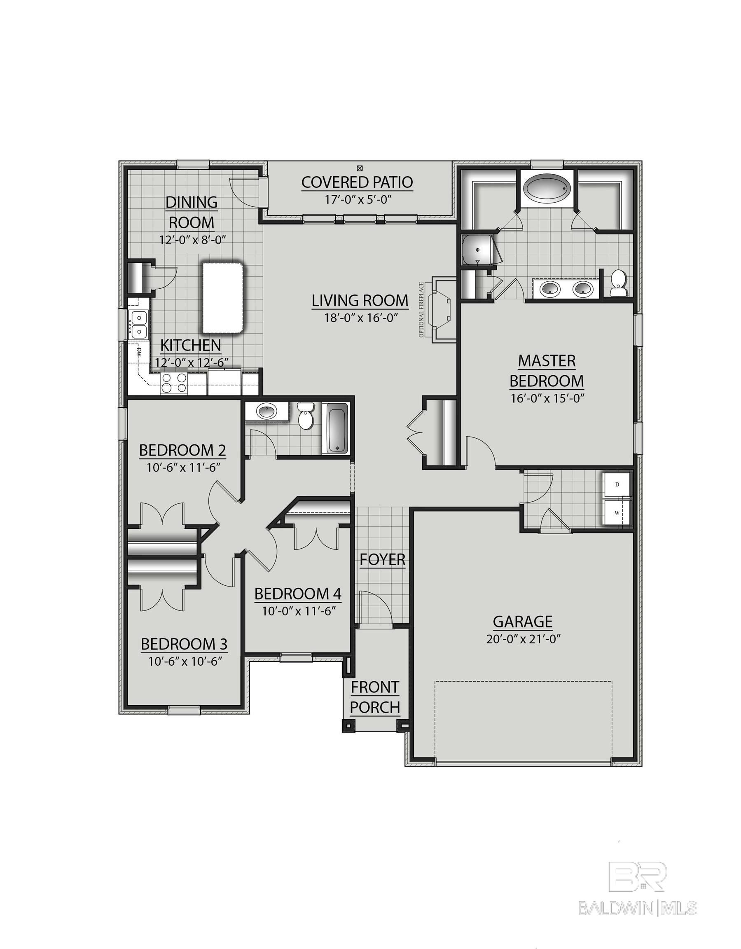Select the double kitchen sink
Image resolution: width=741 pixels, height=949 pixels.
(x=139, y=324)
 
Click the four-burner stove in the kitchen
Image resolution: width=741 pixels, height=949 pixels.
(x=174, y=383)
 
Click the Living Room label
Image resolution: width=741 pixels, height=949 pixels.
(x=360, y=301)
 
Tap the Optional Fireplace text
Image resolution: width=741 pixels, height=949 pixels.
(x=421, y=310)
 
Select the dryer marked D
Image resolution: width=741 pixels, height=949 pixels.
(x=617, y=484)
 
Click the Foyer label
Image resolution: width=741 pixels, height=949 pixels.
(x=383, y=560)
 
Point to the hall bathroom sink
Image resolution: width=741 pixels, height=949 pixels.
(x=266, y=411)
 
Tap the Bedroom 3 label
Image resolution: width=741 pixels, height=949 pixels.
(x=184, y=644)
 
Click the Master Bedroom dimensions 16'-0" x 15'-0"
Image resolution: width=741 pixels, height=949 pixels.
(x=546, y=398)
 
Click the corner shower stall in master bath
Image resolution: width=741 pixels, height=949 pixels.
(x=478, y=251)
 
